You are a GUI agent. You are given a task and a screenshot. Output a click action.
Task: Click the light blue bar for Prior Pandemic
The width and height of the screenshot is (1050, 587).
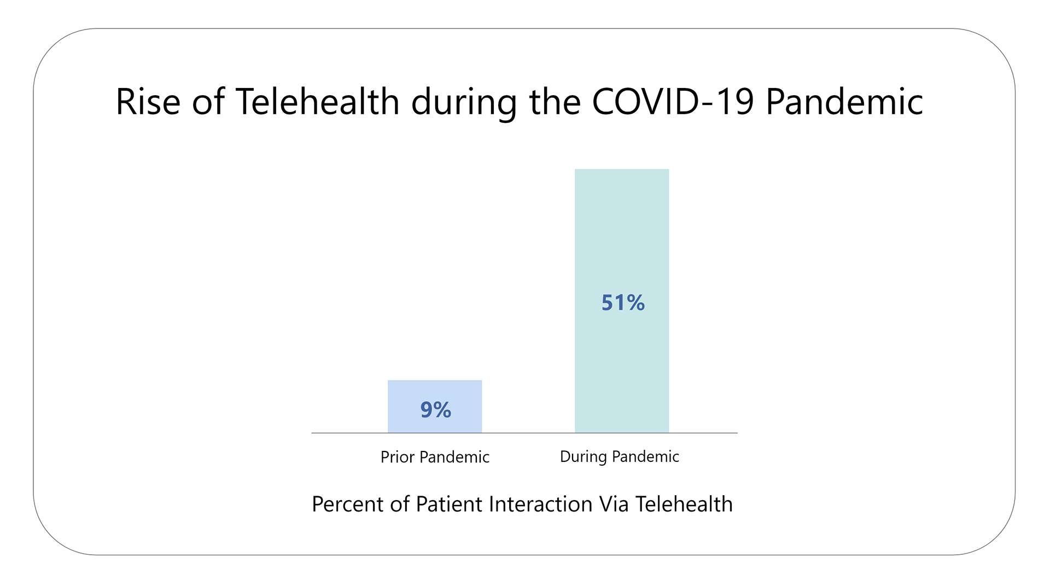click(x=435, y=391)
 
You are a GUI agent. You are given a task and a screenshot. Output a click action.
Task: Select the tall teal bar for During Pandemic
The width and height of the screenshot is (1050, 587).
click(x=621, y=230)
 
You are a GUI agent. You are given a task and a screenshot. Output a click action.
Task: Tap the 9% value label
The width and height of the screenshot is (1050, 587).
click(x=436, y=410)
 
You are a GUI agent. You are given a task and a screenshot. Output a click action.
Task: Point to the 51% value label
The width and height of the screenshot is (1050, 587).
click(x=623, y=303)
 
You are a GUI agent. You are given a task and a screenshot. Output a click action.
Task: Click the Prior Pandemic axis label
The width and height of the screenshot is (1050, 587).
click(x=435, y=457)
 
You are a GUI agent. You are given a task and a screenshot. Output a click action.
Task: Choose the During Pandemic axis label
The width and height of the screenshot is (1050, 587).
click(x=619, y=456)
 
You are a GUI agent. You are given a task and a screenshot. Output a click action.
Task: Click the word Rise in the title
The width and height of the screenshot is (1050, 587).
click(x=148, y=102)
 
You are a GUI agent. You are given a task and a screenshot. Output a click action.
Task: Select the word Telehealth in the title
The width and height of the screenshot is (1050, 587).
click(x=317, y=102)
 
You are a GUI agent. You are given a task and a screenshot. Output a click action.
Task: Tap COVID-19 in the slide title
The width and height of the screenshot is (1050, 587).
click(x=673, y=102)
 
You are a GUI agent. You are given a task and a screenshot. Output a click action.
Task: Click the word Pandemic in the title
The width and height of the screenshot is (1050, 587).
click(x=844, y=102)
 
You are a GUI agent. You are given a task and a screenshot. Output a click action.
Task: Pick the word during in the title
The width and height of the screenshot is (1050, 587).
click(x=464, y=103)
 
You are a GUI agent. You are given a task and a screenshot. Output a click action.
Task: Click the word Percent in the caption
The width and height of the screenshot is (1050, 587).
click(x=347, y=504)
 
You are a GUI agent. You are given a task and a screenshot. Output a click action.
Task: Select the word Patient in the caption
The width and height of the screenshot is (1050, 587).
click(x=448, y=504)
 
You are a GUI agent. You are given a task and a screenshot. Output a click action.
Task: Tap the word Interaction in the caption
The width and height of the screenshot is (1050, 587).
click(x=540, y=504)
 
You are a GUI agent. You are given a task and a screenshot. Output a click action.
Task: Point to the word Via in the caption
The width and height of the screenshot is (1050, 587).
click(x=614, y=504)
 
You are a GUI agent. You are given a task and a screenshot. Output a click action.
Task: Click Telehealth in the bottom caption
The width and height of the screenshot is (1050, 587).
click(x=684, y=504)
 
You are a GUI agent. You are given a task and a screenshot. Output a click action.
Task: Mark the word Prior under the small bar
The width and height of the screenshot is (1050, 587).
click(x=397, y=457)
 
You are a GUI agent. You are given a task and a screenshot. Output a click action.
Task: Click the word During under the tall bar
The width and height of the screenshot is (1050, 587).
click(x=583, y=456)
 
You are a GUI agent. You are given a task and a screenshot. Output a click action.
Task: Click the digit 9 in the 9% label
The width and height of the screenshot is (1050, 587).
click(x=427, y=410)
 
